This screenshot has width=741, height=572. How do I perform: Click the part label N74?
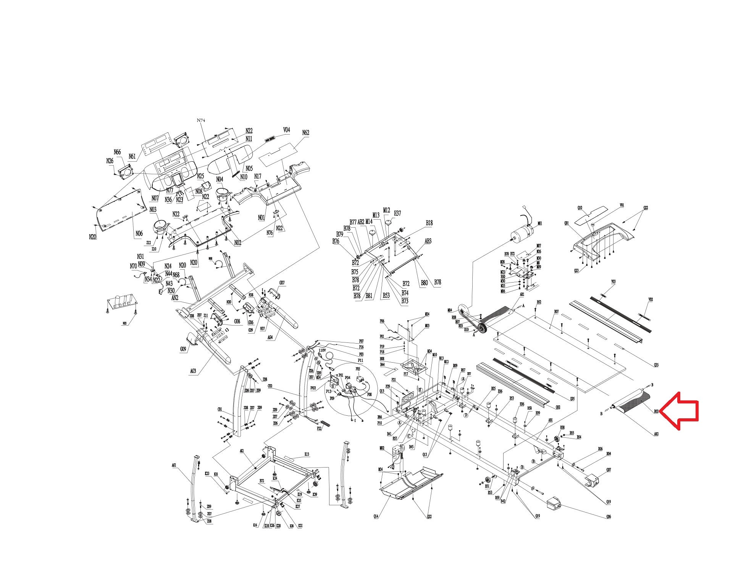click(201, 120)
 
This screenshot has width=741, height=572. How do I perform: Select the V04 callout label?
click(286, 130)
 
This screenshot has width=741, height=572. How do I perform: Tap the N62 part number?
click(305, 133)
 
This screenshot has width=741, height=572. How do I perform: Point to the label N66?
click(117, 152)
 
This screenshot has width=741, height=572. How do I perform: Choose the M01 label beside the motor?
click(540, 223)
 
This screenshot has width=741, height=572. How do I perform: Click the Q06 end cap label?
click(608, 517)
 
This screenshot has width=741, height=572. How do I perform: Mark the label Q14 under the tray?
click(376, 516)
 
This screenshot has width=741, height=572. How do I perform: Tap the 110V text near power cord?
click(322, 350)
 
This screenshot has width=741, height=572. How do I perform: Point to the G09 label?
click(183, 349)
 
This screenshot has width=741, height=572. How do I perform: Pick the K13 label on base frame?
click(307, 454)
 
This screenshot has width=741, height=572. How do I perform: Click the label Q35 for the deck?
click(656, 365)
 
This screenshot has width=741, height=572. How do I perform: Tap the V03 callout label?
click(613, 282)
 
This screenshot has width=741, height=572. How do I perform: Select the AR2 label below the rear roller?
click(656, 434)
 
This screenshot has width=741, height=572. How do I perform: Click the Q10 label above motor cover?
click(580, 208)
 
